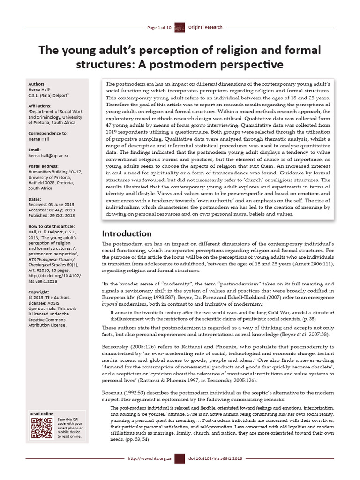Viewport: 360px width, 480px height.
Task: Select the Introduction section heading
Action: click(127, 233)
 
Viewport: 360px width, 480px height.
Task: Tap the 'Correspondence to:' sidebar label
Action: click(48, 133)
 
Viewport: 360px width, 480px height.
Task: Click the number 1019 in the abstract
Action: click(112, 139)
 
